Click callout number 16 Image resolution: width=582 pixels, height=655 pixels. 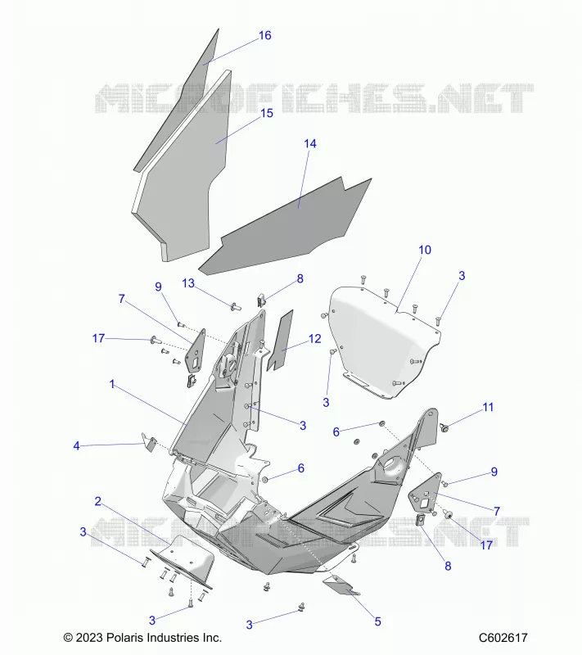click(265, 35)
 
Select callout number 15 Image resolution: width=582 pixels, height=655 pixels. click(267, 113)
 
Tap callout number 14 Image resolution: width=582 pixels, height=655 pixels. click(310, 144)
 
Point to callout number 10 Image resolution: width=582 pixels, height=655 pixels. click(425, 250)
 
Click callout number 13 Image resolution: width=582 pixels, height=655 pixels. click(188, 283)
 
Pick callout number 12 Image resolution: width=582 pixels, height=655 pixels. click(315, 339)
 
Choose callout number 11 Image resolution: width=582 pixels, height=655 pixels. click(488, 407)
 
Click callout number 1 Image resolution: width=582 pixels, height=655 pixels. click(112, 384)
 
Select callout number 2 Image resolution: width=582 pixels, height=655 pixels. click(97, 501)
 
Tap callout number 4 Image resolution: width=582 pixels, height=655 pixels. click(76, 446)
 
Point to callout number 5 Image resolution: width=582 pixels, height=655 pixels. click(378, 621)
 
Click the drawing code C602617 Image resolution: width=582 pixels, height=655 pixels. click(503, 638)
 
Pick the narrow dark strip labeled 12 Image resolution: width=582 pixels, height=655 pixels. click(281, 341)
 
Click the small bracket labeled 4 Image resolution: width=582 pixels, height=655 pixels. click(149, 442)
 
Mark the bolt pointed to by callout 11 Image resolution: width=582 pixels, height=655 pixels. click(444, 427)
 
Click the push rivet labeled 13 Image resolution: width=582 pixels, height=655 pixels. click(236, 307)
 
